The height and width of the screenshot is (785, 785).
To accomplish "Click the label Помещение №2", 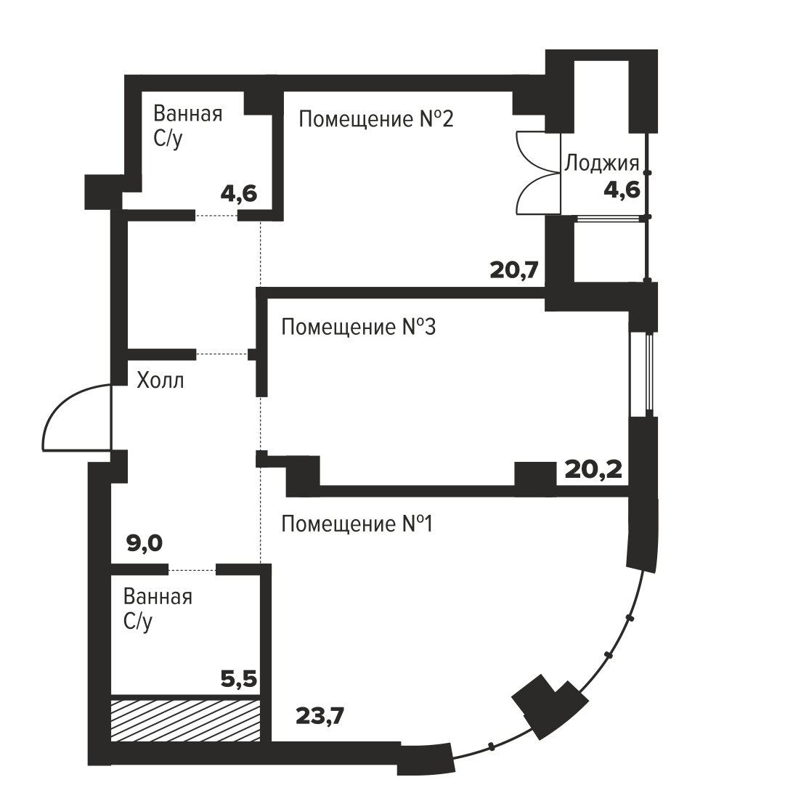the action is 376,120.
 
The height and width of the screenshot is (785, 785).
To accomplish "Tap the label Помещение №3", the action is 359,328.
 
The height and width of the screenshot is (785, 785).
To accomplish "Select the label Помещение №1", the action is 357,524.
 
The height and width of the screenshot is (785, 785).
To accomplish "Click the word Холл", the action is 160,381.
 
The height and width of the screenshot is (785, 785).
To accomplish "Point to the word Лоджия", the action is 602,163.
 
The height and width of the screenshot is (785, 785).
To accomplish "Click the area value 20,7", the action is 514,270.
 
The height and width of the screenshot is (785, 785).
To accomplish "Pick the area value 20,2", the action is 593,470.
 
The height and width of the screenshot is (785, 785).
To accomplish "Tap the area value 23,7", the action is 320,716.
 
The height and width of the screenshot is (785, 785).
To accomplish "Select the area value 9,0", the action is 145,543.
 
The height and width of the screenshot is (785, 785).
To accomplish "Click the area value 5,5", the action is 239,680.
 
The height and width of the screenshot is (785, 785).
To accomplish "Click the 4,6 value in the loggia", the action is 622,190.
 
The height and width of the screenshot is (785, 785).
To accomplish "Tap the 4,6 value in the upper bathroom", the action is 239,193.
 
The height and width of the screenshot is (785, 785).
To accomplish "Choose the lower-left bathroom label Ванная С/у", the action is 158,609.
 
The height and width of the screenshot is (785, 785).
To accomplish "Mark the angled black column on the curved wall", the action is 550,707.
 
